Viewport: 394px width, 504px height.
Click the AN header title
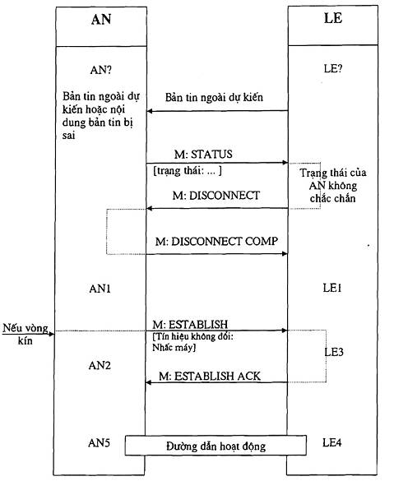[x=101, y=20]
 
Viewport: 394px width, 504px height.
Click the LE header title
[x=333, y=18]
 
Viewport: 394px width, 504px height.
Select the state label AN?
[x=100, y=70]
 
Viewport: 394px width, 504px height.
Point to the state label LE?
[x=333, y=68]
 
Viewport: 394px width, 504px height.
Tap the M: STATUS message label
[x=203, y=155]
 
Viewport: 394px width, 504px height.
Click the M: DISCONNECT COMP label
[x=216, y=242]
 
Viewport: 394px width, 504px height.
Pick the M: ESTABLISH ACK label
[x=210, y=376]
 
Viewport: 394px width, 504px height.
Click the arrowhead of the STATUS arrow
[x=285, y=163]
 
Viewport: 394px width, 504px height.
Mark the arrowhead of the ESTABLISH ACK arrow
[x=148, y=382]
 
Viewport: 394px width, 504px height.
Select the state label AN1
[x=100, y=289]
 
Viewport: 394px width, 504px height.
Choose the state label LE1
[x=332, y=288]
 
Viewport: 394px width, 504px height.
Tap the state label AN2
[x=100, y=366]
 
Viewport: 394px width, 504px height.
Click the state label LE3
[x=334, y=352]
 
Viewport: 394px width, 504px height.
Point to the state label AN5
[x=99, y=443]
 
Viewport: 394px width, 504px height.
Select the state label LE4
[x=332, y=442]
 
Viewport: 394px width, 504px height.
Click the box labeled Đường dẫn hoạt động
[x=216, y=446]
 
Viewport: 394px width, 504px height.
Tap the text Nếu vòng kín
[x=25, y=335]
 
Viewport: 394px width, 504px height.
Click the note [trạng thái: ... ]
[x=188, y=170]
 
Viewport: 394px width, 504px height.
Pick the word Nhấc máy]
[x=174, y=348]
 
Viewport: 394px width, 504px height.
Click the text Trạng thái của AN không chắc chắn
[x=333, y=186]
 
